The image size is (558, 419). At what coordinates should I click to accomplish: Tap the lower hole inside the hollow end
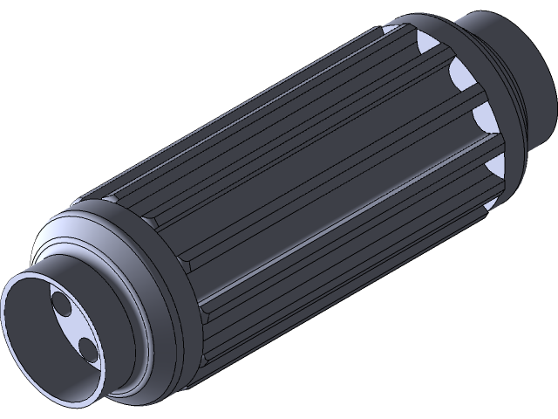pyautogui.click(x=87, y=349)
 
